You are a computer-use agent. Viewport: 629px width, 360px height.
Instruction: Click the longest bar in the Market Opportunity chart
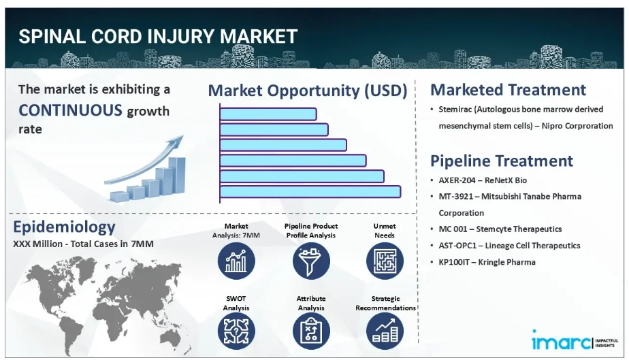[x=310, y=192]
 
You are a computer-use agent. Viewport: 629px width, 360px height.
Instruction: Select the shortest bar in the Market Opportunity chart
[x=268, y=114]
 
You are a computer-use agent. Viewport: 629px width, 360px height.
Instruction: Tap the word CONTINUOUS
[x=70, y=110]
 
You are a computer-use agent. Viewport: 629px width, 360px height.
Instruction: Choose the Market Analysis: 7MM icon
[x=236, y=261]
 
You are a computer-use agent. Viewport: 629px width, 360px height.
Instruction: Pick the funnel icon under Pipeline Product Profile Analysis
[x=311, y=261]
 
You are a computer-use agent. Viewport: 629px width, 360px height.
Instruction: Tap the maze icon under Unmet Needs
[x=385, y=261]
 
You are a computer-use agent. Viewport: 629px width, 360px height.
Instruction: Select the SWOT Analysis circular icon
[x=236, y=331]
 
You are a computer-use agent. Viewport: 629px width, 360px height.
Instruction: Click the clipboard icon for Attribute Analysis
[x=311, y=331]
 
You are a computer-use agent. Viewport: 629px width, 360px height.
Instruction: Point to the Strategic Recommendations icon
[x=385, y=331]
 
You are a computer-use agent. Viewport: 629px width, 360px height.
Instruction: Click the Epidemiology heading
[x=64, y=227]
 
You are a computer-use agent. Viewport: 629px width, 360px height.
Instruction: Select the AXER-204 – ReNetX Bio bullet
[x=483, y=180]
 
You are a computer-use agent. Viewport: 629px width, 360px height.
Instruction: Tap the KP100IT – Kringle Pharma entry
[x=487, y=262]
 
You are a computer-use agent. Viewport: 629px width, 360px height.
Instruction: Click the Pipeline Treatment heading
[x=502, y=161]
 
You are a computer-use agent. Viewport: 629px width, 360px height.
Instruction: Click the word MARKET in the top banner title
[x=259, y=36]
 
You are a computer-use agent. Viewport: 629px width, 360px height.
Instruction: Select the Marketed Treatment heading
[x=509, y=90]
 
